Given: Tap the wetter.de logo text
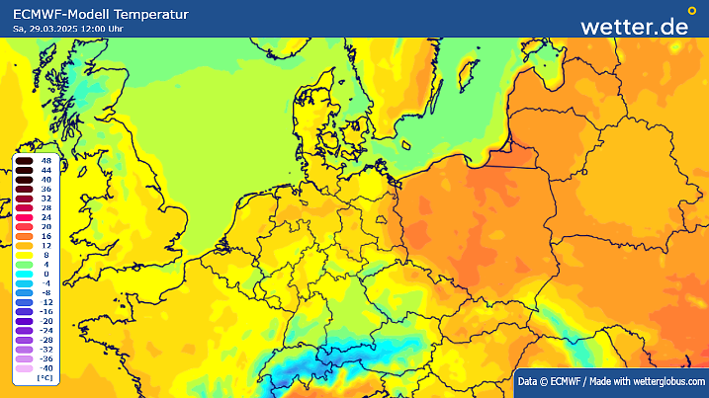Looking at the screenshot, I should pyautogui.click(x=633, y=26).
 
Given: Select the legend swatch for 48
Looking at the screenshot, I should pyautogui.click(x=25, y=160).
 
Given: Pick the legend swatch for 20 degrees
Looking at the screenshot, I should pyautogui.click(x=25, y=226).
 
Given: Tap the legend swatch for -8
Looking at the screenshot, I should pyautogui.click(x=25, y=292).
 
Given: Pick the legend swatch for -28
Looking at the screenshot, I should pyautogui.click(x=25, y=340).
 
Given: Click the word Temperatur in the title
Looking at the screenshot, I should pyautogui.click(x=145, y=14).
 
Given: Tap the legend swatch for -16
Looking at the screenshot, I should pyautogui.click(x=25, y=311).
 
